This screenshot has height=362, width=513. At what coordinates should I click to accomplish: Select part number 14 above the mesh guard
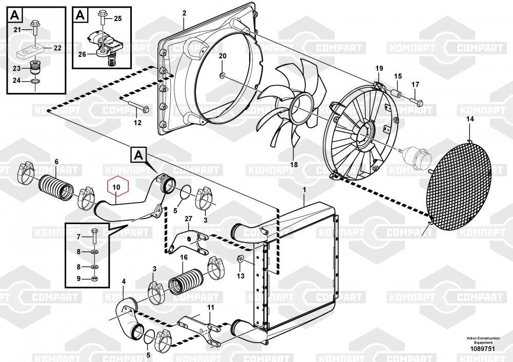470,119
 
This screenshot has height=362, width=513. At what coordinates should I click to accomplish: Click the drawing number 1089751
483,349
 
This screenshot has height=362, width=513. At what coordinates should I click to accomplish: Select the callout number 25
118,18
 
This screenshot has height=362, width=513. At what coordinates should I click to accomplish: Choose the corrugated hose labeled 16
186,280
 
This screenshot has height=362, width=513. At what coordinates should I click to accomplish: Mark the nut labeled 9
94,279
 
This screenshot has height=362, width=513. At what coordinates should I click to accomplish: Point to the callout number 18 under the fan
294,165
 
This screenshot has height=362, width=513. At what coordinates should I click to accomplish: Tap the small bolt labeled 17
416,102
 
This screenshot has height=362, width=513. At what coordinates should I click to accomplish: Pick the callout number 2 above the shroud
184,13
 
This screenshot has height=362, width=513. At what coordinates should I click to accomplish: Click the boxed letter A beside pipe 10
139,155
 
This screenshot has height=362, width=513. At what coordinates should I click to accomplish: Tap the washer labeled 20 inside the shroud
222,76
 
